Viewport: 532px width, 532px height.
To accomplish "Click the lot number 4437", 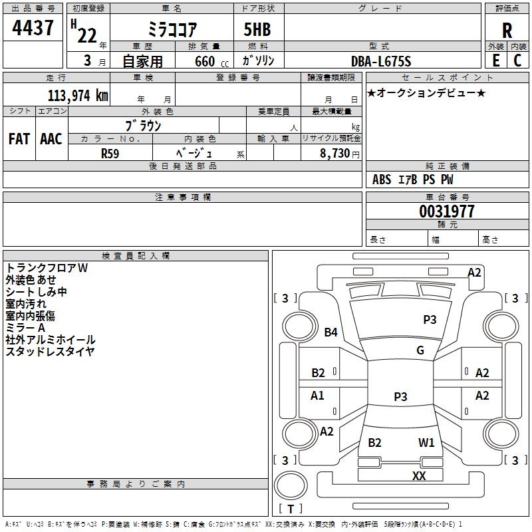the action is coord(33,27).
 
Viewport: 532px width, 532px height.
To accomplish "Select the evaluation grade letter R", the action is coord(507,31).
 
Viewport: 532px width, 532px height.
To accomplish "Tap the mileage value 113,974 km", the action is coord(78,96).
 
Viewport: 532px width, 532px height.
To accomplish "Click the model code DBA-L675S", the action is coord(381,61).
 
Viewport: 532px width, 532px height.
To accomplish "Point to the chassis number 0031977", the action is coord(446,211).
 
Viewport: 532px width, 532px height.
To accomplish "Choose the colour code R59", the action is coord(110,154).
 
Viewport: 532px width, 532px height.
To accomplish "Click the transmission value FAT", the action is coord(19,139).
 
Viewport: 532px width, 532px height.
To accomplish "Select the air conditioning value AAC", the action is coord(51,139).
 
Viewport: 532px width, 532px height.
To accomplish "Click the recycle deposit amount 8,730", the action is coord(334,154).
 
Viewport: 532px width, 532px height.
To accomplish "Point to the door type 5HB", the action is coord(257,29).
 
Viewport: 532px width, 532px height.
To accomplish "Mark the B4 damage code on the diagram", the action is coord(331,332).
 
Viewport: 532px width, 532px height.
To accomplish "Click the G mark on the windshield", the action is coord(420,350).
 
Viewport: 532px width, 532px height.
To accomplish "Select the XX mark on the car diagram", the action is coord(419,475).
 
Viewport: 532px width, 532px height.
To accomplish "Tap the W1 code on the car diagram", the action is coord(426,442).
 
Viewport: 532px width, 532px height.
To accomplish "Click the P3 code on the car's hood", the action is coord(430,320).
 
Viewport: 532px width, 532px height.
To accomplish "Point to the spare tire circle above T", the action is coord(291,485).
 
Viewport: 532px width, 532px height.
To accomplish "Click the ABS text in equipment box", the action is coord(382,180).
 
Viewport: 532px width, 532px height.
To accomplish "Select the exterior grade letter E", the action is coord(495,61).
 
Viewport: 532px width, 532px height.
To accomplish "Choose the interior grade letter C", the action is coord(517,61).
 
